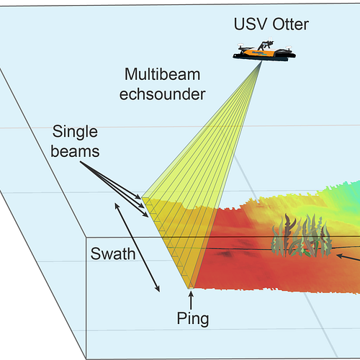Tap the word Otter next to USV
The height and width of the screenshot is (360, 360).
coord(290,24)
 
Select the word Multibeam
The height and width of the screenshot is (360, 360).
coord(162,74)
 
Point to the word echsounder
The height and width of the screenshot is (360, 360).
coord(162,94)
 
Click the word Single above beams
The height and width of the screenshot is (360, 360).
coord(75,132)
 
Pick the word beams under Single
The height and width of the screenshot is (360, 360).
coord(75,151)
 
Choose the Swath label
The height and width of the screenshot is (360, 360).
coord(113,253)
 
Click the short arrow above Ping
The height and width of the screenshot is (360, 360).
coord(191,300)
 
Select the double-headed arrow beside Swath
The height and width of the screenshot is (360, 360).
coord(137,248)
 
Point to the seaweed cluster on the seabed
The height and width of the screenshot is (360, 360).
coord(301,236)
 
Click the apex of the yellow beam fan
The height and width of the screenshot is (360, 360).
coord(261,61)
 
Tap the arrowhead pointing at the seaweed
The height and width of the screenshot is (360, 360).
coord(339,256)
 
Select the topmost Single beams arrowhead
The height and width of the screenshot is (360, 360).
coord(138,197)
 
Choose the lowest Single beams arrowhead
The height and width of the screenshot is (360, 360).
coord(146,215)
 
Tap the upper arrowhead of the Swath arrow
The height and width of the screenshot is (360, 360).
coord(116,206)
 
